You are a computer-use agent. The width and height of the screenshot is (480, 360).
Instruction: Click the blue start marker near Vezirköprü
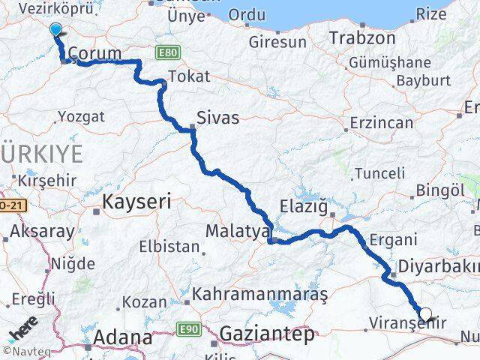tap(56, 29)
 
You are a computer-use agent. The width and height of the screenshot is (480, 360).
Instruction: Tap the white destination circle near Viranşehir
tap(426, 314)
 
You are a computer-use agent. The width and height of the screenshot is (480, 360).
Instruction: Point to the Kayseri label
tap(136, 201)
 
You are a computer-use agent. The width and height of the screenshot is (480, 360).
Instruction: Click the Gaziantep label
tap(268, 334)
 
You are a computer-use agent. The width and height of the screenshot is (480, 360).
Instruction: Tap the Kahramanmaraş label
tap(260, 295)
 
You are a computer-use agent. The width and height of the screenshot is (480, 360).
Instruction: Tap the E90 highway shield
tap(188, 328)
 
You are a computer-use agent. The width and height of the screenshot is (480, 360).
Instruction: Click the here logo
tap(23, 330)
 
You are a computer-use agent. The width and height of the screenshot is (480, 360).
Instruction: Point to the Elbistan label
tap(169, 246)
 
